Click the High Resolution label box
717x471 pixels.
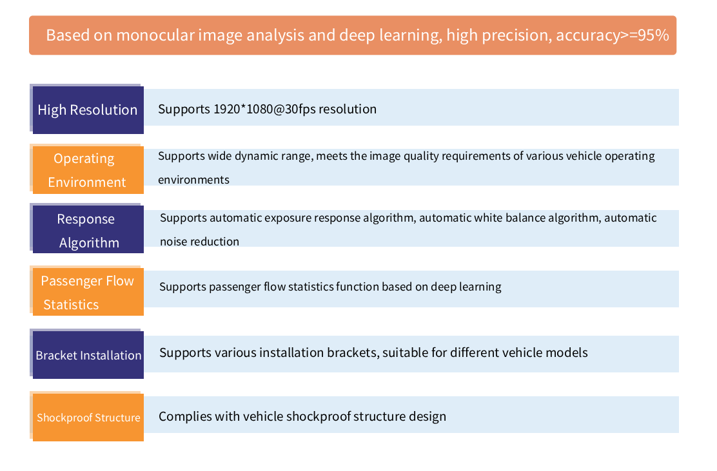click(x=88, y=110)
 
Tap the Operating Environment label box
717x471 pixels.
click(x=88, y=170)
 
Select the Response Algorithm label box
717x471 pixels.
click(x=88, y=229)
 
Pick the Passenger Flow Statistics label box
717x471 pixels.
click(x=88, y=292)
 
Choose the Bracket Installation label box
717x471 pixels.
click(x=88, y=355)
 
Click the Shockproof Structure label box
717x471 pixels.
click(x=88, y=418)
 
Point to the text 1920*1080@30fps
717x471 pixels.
click(x=265, y=109)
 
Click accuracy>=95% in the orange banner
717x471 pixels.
click(x=613, y=35)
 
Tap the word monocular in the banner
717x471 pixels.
click(x=155, y=35)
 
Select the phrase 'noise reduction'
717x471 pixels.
click(x=199, y=242)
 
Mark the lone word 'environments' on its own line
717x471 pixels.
click(x=193, y=180)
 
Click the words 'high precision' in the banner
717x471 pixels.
click(x=498, y=35)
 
